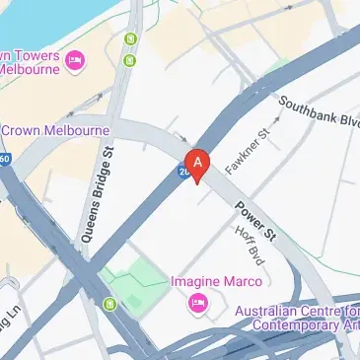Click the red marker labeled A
click(x=198, y=163)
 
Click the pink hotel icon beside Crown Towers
click(x=75, y=62)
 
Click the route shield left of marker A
click(x=183, y=172)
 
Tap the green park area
click(x=132, y=285)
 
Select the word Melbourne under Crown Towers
click(x=32, y=70)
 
